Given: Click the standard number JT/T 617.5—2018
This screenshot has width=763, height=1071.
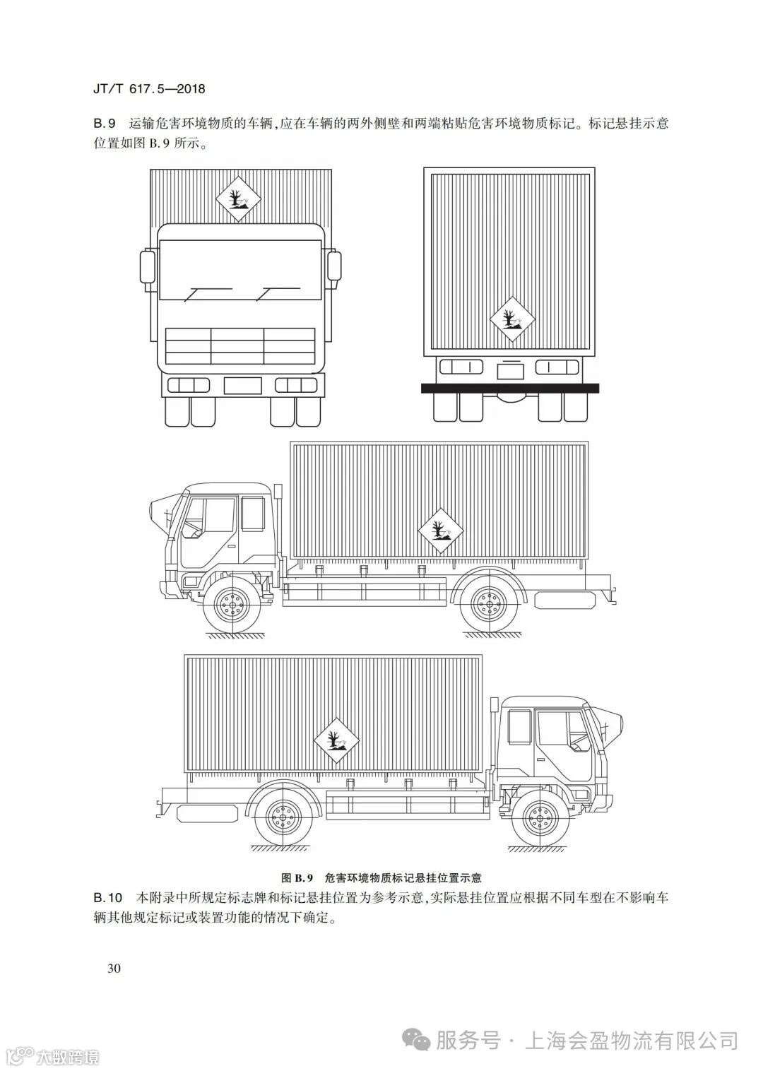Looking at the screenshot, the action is point(149,90).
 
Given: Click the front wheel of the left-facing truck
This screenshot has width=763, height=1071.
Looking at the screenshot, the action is point(231,606).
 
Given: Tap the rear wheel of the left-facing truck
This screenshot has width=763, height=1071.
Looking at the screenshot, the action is point(486,606).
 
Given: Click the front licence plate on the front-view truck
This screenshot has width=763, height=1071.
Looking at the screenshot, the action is point(242,385).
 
